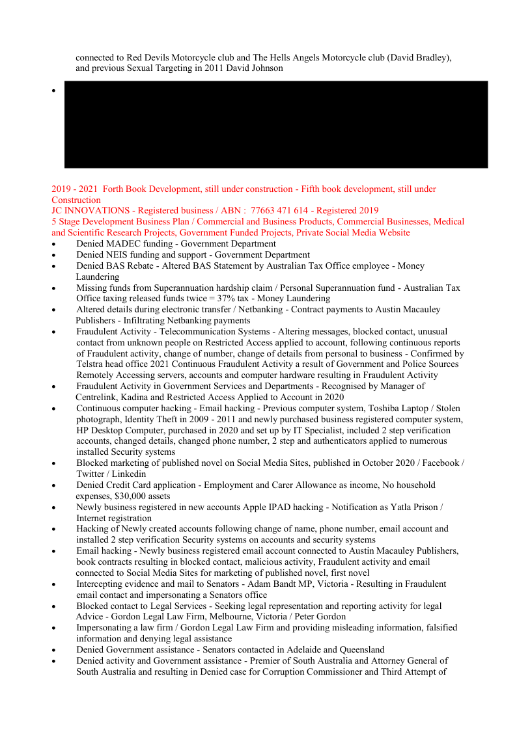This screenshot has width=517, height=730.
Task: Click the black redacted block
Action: tap(275, 124)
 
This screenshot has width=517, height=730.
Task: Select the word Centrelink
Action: tap(99, 397)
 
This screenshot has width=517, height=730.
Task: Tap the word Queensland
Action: tap(360, 649)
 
